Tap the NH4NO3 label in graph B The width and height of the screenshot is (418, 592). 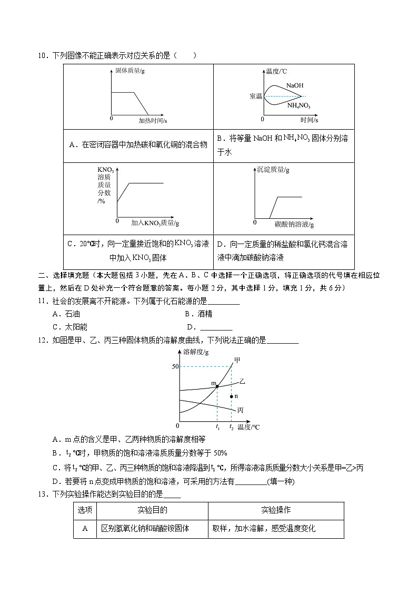(x=298, y=105)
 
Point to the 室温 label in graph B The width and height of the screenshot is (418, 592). (x=256, y=96)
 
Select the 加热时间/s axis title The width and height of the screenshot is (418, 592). (x=153, y=120)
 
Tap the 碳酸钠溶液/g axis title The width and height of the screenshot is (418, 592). (x=294, y=225)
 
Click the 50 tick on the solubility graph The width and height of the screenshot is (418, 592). (x=175, y=366)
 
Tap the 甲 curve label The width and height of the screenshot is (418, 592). (x=237, y=360)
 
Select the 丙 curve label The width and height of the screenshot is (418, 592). (x=240, y=410)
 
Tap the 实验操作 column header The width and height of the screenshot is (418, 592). (x=276, y=510)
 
